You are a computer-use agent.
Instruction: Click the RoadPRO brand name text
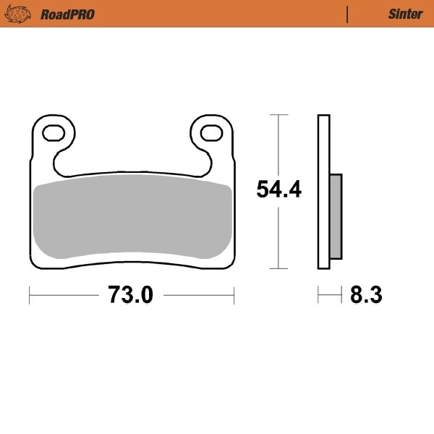pos(67,14)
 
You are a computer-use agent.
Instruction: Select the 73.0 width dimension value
pos(131,295)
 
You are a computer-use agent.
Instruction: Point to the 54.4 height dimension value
pos(279,190)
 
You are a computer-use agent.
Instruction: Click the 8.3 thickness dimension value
pos(366,295)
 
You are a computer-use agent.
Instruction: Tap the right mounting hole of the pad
pos(211,133)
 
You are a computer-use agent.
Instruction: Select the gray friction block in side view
pos(336,216)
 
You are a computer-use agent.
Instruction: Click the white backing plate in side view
pos(323,192)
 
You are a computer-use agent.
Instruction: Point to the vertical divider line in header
pos(348,14)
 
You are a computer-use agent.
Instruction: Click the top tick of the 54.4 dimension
pos(279,114)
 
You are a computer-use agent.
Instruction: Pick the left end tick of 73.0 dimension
pos(29,295)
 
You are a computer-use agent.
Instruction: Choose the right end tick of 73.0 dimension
pos(234,295)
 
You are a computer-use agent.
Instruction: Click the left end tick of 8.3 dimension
pos(318,295)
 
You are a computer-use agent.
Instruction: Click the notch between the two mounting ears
pos(132,156)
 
